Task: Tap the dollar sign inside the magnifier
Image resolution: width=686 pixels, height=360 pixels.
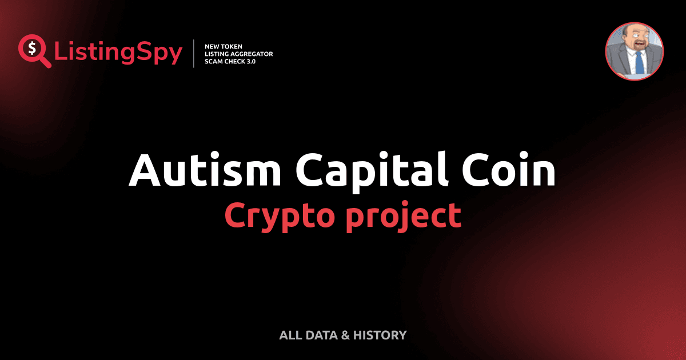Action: [31, 48]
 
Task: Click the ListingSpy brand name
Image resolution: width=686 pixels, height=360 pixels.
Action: [118, 53]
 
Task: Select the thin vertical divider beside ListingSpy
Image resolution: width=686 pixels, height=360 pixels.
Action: [195, 54]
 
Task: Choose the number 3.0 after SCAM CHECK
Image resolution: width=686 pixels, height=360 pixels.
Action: [250, 61]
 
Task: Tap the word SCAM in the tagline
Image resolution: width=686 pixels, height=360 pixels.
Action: [213, 61]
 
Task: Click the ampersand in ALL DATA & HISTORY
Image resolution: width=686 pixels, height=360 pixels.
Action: [345, 335]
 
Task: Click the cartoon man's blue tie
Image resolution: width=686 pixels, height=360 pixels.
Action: [639, 61]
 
